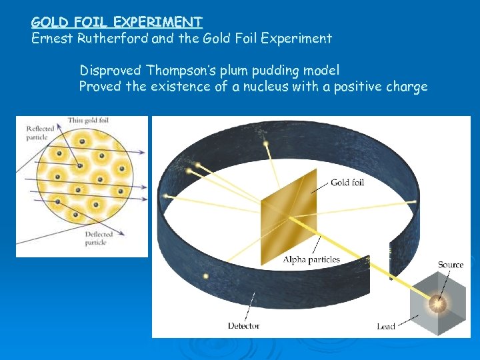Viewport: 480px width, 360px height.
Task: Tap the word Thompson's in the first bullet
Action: (180, 70)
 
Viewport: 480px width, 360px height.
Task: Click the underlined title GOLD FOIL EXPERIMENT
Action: (117, 22)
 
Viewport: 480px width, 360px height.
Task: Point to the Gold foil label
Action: (348, 182)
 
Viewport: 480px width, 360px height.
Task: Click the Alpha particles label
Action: (311, 259)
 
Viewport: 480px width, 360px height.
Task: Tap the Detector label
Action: (243, 325)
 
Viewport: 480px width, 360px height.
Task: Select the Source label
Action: (450, 265)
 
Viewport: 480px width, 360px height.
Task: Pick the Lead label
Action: (385, 326)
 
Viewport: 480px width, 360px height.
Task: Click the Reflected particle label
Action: (40, 133)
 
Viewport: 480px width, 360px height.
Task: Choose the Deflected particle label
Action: (99, 238)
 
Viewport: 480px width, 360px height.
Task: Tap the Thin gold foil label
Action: (88, 120)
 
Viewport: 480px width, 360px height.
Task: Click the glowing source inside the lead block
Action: (438, 304)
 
